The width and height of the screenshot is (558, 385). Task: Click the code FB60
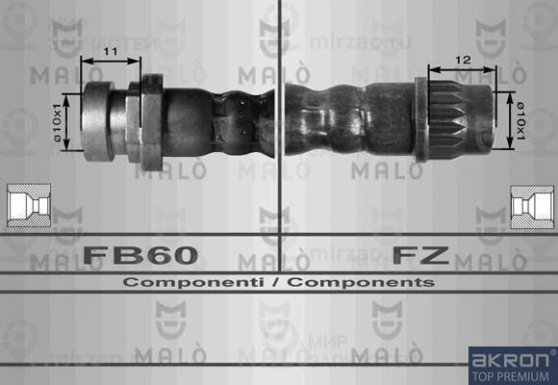click(140, 256)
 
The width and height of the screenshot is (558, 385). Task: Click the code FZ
click(420, 256)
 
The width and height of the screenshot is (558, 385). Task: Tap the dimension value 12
click(463, 60)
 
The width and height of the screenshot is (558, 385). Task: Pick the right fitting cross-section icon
click(530, 207)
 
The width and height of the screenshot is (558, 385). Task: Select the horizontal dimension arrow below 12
click(463, 70)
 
